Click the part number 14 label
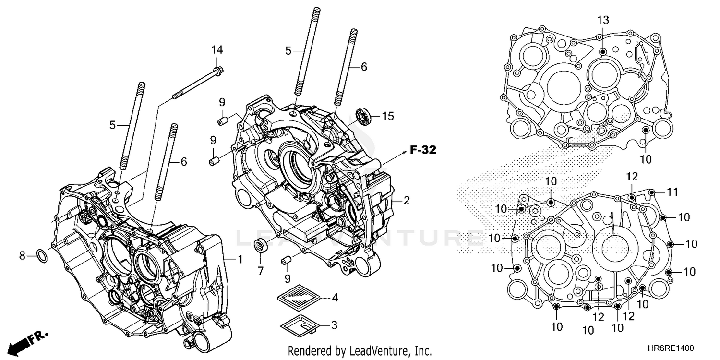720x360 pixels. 217,50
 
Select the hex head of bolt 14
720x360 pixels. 218,72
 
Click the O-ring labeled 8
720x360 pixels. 42,257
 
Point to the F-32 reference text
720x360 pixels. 423,150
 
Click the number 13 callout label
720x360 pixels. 603,20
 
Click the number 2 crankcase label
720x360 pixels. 406,201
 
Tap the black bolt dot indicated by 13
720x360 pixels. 603,51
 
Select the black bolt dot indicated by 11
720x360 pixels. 652,192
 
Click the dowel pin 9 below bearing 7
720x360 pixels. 287,261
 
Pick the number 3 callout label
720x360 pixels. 334,325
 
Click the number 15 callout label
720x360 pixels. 387,116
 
